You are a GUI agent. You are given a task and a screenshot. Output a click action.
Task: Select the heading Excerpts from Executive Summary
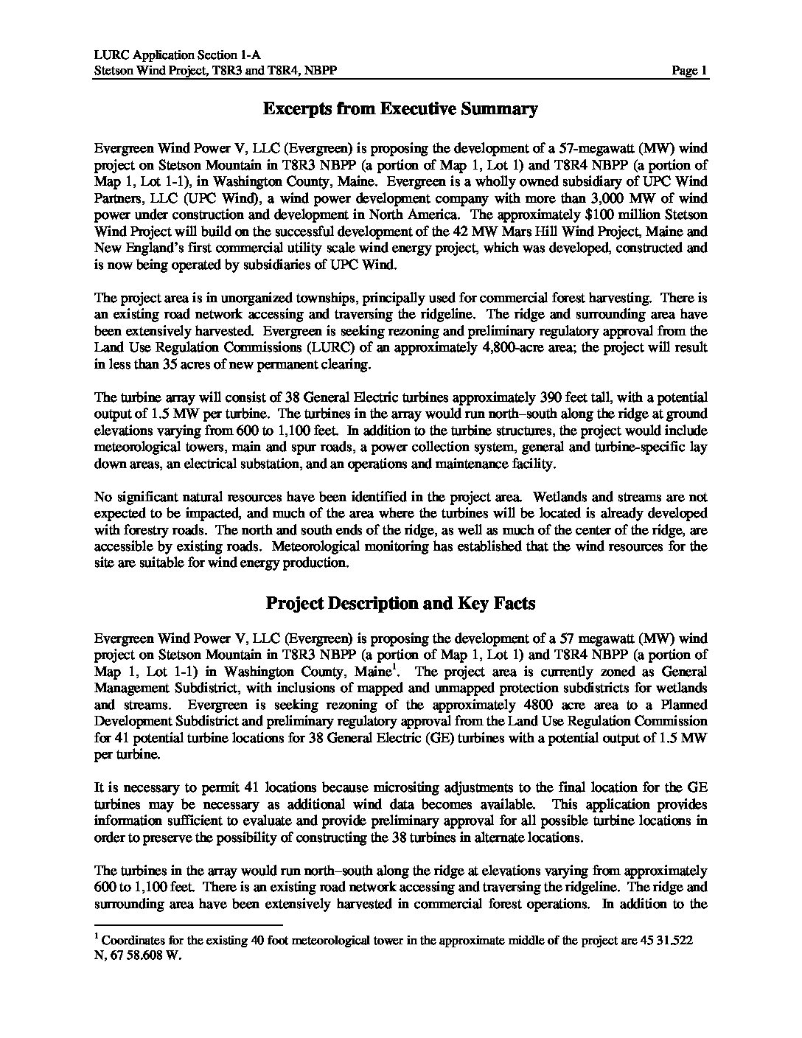point(400,109)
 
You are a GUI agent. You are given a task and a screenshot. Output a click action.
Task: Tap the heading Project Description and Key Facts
point(400,603)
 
